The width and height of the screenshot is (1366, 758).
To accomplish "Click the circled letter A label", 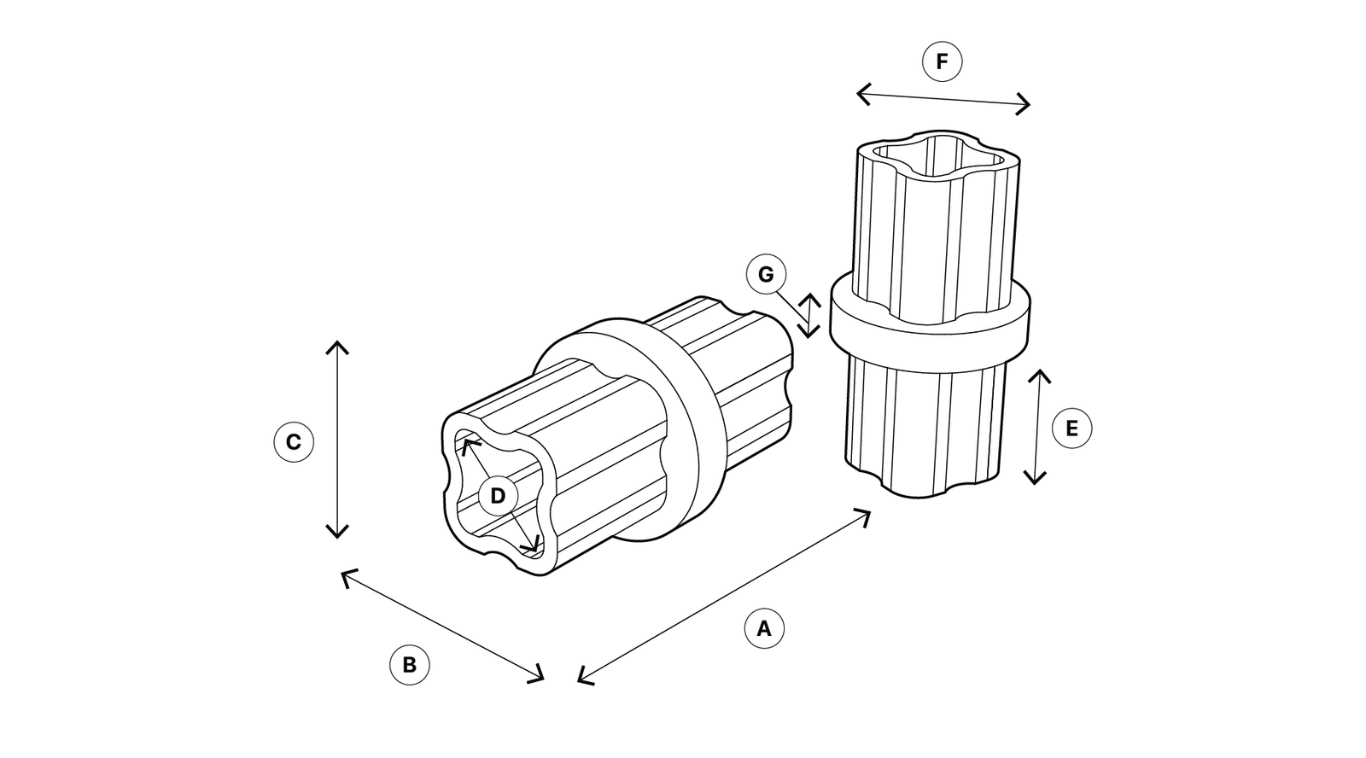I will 763,629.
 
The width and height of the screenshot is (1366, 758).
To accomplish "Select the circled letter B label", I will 409,665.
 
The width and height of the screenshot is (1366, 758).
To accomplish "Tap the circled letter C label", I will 293,442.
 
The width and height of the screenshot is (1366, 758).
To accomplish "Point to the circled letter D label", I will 498,496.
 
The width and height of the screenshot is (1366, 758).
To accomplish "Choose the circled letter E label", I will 1071,428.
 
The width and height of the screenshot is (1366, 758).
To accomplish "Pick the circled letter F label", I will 942,61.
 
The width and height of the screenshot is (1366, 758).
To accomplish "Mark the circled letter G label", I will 766,275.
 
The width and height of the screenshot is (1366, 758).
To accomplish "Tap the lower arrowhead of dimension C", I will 338,534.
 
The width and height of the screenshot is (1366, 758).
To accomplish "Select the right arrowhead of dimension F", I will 1027,105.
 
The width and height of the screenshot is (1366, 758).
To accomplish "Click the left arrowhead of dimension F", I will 860,93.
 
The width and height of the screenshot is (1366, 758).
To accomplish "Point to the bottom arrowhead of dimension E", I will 1036,481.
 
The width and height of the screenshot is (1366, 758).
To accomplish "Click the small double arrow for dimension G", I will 809,316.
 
